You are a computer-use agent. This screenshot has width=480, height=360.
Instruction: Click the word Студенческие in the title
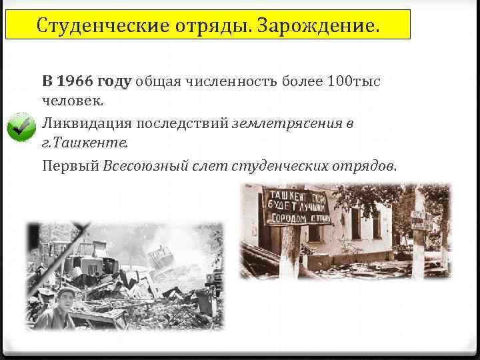click(94, 26)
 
